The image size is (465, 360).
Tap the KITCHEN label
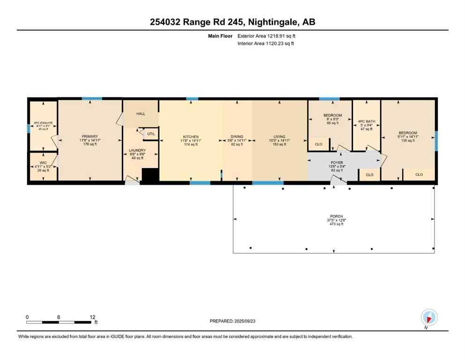[191, 136]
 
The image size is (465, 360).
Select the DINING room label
[237, 136]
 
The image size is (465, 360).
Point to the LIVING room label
[280, 136]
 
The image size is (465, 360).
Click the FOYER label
[337, 163]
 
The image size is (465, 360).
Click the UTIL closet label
[151, 134]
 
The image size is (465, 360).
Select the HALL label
[141, 114]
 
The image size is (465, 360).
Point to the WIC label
[43, 163]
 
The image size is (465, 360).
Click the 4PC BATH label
[367, 121]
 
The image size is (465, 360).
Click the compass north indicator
[429, 318]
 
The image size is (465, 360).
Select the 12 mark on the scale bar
[92, 317]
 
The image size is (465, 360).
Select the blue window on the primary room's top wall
[92, 98]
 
